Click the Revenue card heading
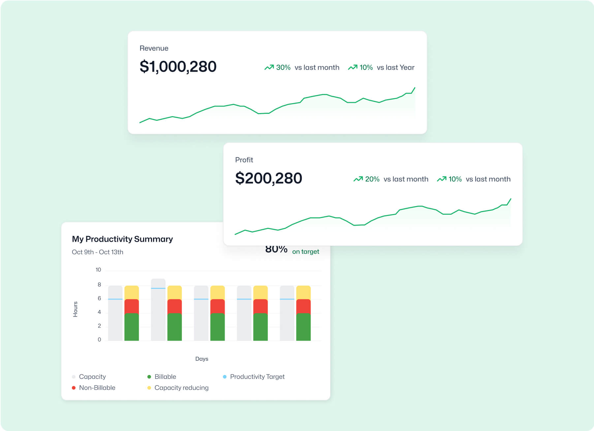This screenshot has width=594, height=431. [154, 48]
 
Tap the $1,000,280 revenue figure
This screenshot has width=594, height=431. [178, 67]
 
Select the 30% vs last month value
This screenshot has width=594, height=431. [283, 68]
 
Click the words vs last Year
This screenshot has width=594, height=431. [395, 68]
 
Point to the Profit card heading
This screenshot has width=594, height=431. [244, 160]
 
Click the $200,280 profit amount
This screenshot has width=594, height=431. [268, 178]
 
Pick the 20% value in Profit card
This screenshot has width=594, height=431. [372, 179]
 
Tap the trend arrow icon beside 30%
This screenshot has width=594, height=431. [269, 67]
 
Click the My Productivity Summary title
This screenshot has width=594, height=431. [122, 239]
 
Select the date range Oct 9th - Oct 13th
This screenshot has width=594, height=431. [97, 252]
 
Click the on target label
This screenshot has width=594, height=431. [305, 252]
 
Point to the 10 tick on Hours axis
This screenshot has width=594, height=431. [98, 270]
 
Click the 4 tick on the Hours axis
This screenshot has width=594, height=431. [99, 312]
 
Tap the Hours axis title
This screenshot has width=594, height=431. [76, 309]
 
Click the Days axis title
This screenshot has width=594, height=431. [202, 359]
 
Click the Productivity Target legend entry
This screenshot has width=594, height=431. [257, 377]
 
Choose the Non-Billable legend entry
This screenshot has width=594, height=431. [97, 388]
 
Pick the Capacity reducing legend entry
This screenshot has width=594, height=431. [181, 388]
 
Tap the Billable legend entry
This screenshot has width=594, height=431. [165, 377]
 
